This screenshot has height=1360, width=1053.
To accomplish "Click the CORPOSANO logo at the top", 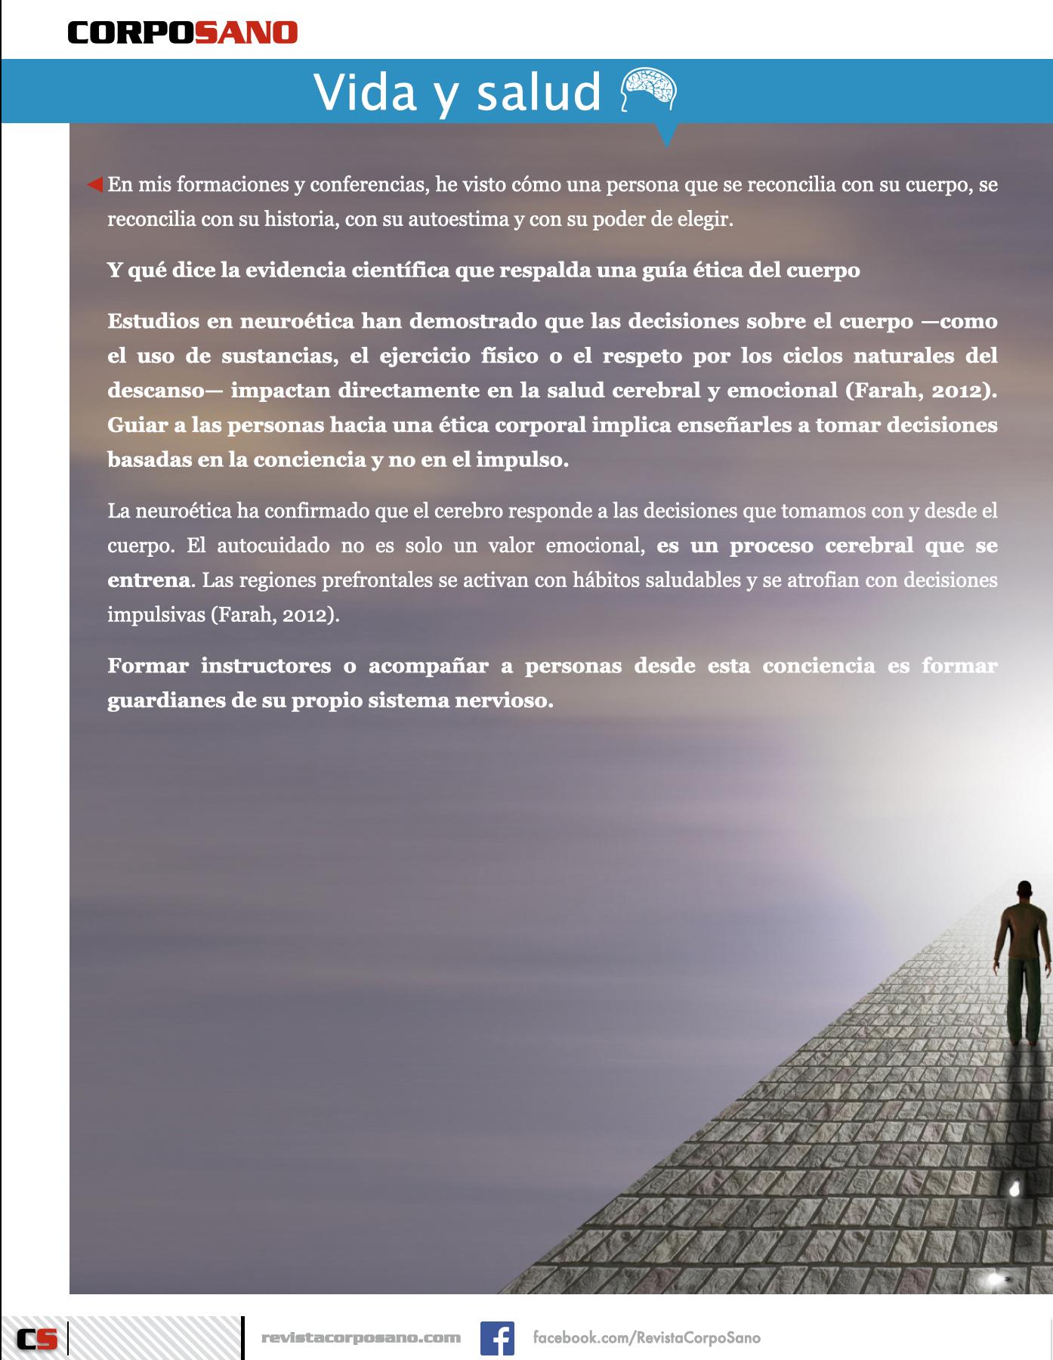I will click(183, 32).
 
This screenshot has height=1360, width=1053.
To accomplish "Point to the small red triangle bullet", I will click(95, 184).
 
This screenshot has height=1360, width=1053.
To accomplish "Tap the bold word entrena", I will click(148, 580).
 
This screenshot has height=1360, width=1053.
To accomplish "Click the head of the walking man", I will click(1024, 889).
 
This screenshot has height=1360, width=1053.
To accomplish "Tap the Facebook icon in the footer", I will click(497, 1338).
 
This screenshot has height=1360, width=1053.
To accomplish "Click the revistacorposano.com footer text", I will click(360, 1338).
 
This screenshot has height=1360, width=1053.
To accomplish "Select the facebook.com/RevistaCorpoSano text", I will click(647, 1338).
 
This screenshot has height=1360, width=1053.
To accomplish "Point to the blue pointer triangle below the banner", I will click(667, 136).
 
